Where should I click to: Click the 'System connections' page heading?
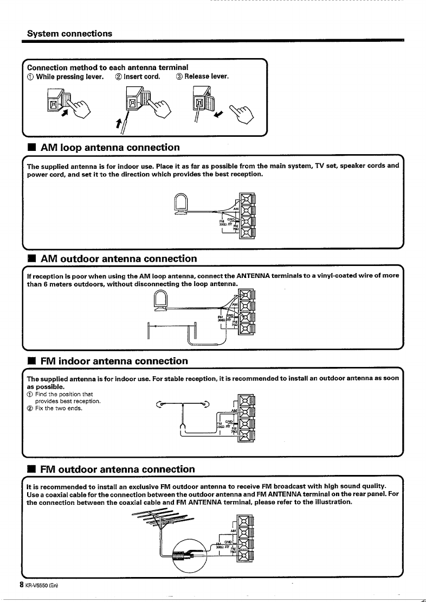70,33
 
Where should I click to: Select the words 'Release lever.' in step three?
207,77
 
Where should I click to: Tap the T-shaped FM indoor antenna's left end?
159,403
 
